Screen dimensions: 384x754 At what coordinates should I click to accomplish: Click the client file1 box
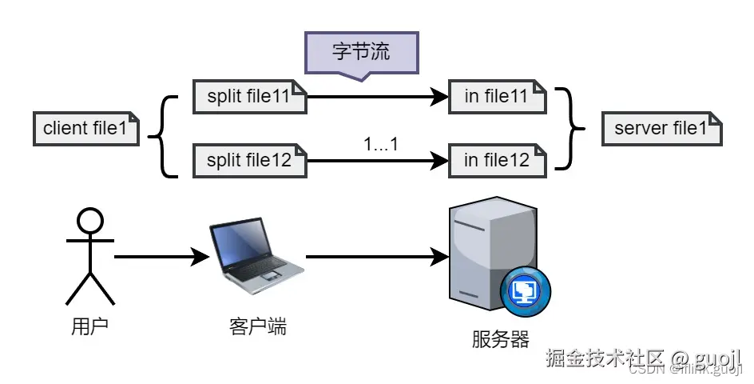pos(86,128)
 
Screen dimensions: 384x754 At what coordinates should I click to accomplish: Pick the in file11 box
pos(497,97)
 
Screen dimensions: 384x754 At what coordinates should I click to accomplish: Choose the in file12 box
pos(497,161)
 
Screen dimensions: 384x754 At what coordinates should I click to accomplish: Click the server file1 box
pos(662,128)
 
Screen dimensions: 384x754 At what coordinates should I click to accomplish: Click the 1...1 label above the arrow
pos(380,144)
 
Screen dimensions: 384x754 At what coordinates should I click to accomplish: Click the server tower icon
pos(489,252)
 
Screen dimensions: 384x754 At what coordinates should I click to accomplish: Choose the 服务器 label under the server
pos(501,339)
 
